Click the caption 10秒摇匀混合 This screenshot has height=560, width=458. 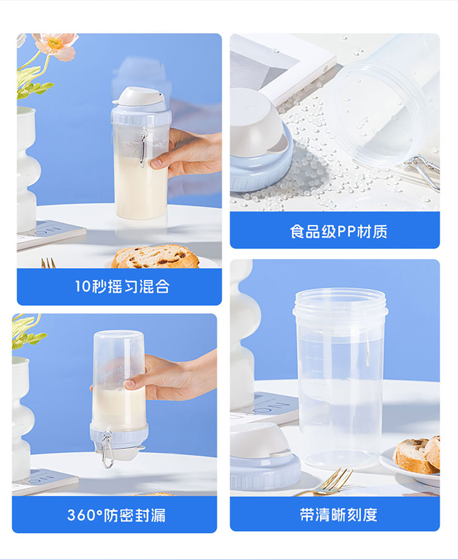tap(122, 286)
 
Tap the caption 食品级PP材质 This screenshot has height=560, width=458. tap(339, 231)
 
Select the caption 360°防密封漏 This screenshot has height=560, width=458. tap(116, 515)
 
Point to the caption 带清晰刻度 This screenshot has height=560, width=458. tap(339, 515)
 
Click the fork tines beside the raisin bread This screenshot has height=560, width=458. tap(48, 263)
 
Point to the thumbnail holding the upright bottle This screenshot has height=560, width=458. tap(156, 163)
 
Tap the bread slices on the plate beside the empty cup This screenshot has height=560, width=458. tap(417, 455)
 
